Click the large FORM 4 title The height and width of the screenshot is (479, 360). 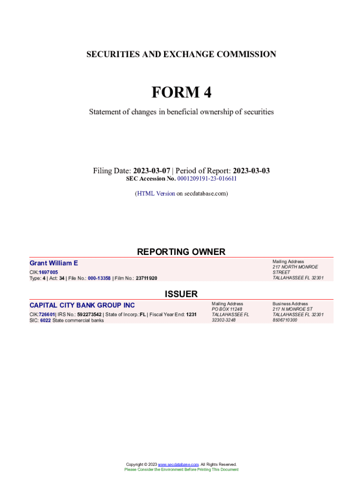pyautogui.click(x=181, y=93)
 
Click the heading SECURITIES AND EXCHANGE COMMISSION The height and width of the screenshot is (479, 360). pyautogui.click(x=181, y=54)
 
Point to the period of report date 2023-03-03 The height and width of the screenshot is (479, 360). pyautogui.click(x=251, y=171)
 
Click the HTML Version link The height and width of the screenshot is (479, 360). pyautogui.click(x=156, y=193)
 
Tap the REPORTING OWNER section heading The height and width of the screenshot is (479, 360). pyautogui.click(x=181, y=252)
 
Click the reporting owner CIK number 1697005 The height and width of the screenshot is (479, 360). pyautogui.click(x=49, y=272)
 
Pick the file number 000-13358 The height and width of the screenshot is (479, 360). pyautogui.click(x=99, y=278)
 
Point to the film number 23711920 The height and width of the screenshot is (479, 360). pyautogui.click(x=146, y=278)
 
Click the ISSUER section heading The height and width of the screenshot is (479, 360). pyautogui.click(x=181, y=294)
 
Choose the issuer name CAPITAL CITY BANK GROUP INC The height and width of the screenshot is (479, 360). pyautogui.click(x=82, y=305)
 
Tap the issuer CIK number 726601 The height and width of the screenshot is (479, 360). pyautogui.click(x=47, y=314)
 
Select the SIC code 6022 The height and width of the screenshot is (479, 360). pyautogui.click(x=45, y=320)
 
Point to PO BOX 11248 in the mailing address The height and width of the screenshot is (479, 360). pyautogui.click(x=227, y=309)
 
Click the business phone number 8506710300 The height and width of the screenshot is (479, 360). pyautogui.click(x=285, y=320)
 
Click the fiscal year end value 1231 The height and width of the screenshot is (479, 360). pyautogui.click(x=191, y=314)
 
